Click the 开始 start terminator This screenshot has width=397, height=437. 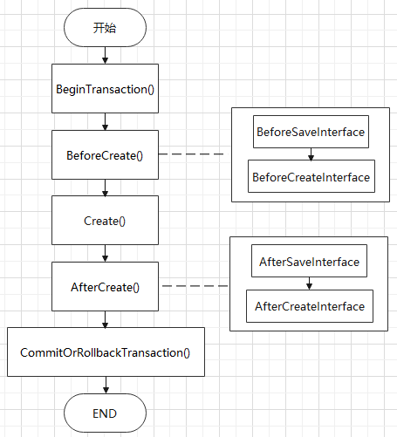point(105,28)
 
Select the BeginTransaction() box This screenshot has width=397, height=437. point(105,88)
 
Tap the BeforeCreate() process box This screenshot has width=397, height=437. point(105,154)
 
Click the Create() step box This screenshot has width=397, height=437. point(105,220)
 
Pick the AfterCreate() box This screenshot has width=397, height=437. point(105,286)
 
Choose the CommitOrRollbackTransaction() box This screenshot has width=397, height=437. point(106,352)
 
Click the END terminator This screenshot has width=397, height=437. point(105,413)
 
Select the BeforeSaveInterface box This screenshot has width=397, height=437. point(311,132)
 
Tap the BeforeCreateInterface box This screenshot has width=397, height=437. point(311,176)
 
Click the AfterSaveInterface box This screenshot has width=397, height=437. point(309,261)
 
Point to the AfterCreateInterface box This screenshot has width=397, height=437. point(310,306)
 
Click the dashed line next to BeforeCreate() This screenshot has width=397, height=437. point(191,154)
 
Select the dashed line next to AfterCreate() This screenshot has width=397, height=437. point(195,286)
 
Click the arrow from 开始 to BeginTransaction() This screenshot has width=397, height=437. point(106,55)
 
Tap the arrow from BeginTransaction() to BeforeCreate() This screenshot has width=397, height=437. point(106,121)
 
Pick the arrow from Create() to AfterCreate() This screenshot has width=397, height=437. point(106,253)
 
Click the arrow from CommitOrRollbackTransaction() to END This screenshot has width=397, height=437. point(106,385)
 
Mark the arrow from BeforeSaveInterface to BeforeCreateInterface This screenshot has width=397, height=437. point(311,154)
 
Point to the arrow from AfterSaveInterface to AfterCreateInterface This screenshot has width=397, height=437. point(309,283)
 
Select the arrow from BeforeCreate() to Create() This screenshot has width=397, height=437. point(106,188)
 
